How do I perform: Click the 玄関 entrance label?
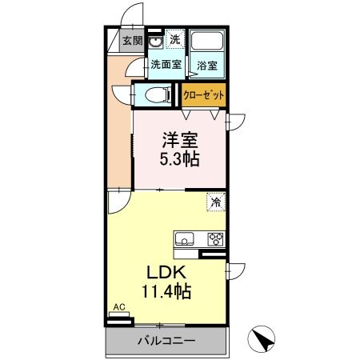click(x=133, y=41)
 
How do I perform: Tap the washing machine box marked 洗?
click(x=174, y=40)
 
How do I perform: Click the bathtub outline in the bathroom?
click(x=208, y=43)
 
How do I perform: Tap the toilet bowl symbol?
click(x=157, y=95)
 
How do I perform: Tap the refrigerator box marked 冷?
click(x=215, y=202)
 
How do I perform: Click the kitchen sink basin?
click(x=183, y=238)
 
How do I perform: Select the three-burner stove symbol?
click(x=214, y=238)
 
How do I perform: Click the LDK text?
click(x=166, y=272)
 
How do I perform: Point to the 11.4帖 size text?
click(x=166, y=292)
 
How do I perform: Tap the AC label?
click(x=118, y=307)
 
